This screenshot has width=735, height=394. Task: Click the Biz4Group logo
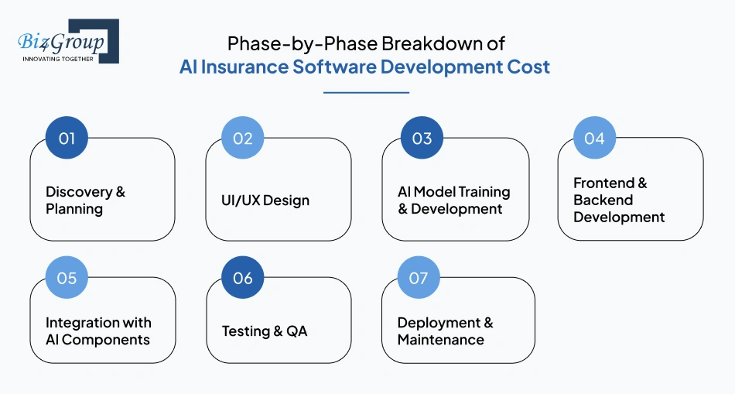point(68,41)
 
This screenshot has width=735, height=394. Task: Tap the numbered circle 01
point(67,138)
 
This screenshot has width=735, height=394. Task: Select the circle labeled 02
point(243,138)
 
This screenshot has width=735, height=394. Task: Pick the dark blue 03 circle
point(422,138)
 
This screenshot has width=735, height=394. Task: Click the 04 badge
point(594,138)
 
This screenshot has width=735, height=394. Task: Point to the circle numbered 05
point(67,278)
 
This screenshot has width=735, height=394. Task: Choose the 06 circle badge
point(243,278)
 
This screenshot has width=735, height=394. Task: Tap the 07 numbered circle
point(419,278)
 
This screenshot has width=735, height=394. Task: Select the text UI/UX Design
point(265,200)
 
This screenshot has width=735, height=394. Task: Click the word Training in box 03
point(484,192)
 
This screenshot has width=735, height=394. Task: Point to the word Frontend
point(603,183)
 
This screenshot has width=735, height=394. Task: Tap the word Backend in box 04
point(603,200)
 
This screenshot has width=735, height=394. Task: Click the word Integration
point(76,324)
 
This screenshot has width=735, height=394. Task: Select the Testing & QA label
point(265,331)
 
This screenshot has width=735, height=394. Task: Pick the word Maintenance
point(441,340)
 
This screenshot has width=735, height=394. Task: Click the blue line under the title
point(366,92)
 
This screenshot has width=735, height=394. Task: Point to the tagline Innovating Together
point(58,59)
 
